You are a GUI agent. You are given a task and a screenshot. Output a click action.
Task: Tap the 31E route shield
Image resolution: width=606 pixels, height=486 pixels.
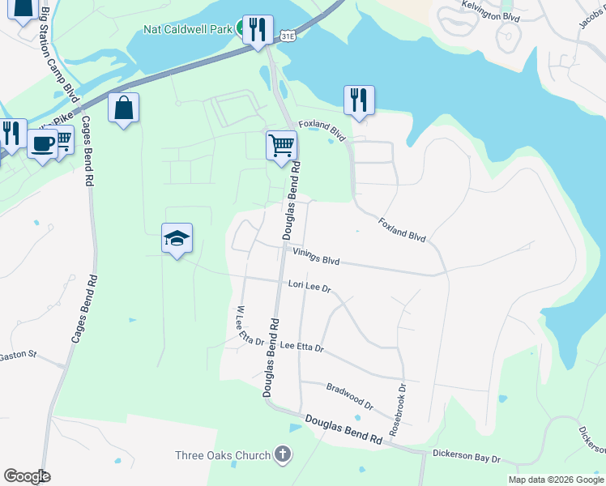tap(288, 36)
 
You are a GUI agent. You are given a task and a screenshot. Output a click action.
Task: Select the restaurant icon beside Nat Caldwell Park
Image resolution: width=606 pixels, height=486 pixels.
tap(258, 31)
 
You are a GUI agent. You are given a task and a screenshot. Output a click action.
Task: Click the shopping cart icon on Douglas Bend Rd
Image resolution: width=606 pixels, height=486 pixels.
tap(281, 146)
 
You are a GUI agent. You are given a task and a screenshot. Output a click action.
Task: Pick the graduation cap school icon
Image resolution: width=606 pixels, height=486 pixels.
tap(177, 238)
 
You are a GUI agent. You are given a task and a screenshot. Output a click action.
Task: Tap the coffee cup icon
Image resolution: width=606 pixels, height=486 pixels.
tap(42, 144)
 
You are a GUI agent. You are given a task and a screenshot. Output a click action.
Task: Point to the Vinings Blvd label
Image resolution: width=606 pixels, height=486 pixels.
tap(315, 258)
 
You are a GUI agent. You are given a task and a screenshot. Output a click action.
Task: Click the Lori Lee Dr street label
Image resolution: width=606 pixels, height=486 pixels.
tap(310, 286)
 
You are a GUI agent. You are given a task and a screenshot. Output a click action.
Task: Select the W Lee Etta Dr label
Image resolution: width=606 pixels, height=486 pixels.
tap(250, 326)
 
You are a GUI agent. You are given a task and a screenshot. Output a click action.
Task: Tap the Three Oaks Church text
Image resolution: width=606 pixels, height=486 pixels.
tap(222, 455)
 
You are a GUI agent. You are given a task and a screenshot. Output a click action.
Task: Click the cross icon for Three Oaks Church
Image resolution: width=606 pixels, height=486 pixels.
tap(281, 454)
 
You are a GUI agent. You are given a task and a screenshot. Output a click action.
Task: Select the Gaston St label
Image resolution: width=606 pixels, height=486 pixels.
tap(18, 355)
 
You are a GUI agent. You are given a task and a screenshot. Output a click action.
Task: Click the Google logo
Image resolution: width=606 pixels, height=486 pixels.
tap(28, 475)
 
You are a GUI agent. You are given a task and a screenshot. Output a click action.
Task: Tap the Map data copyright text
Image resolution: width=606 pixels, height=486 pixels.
tap(555, 480)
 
